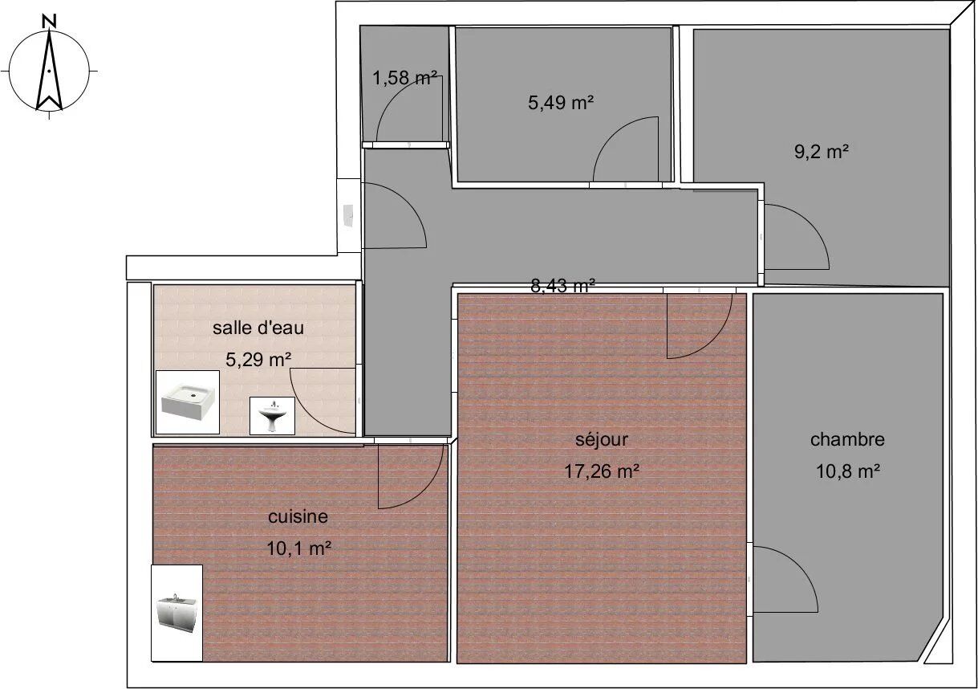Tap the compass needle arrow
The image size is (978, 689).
click(49, 70)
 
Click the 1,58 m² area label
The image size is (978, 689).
click(404, 78)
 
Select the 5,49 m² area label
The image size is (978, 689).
click(561, 103)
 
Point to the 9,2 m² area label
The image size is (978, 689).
click(822, 152)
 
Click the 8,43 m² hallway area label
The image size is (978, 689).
click(562, 286)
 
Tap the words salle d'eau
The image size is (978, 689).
click(258, 328)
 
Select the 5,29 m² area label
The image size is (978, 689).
click(258, 360)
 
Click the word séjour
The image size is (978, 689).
click(602, 439)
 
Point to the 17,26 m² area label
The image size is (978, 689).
click(602, 471)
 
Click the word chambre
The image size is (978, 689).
click(847, 439)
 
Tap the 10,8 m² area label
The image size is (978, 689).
click(847, 471)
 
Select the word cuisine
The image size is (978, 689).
click(298, 516)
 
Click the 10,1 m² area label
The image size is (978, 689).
click(298, 548)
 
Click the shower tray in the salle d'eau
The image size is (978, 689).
click(188, 402)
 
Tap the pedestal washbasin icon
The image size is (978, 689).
click(272, 416)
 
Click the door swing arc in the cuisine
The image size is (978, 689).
click(430, 489)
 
